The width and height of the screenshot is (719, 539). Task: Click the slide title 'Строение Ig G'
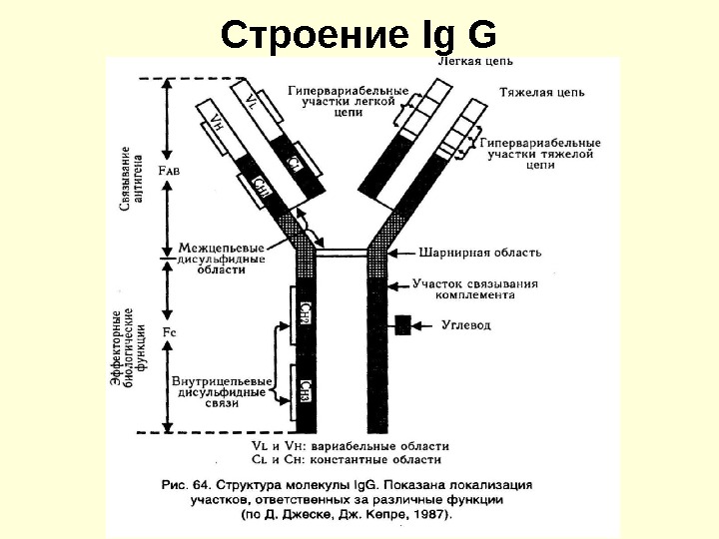coord(359,34)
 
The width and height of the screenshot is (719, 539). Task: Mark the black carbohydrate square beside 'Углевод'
coord(403,325)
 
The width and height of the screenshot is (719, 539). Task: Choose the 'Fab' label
coord(169,171)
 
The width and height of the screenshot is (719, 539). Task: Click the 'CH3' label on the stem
coord(306,389)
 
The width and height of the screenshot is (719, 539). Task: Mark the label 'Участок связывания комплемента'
coord(474,289)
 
